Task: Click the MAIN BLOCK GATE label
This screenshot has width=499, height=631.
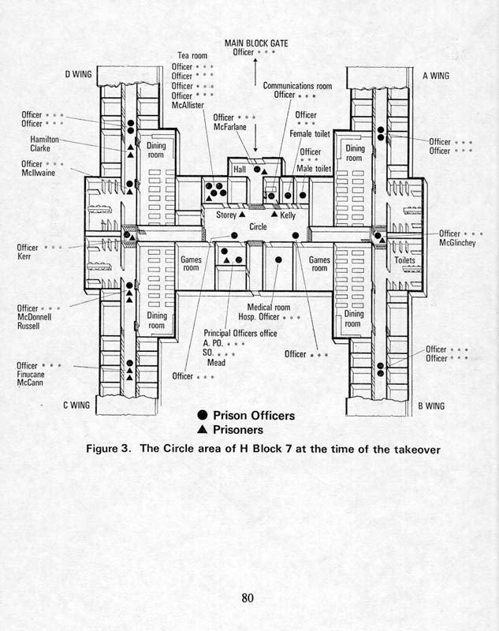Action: click(x=256, y=43)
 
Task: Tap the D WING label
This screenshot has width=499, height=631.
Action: click(x=78, y=74)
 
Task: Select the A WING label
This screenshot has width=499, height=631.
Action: click(x=436, y=76)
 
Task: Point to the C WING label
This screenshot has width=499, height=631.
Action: click(x=76, y=405)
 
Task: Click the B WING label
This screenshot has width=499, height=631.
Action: click(x=431, y=405)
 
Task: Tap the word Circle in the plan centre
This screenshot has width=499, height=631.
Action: click(x=258, y=226)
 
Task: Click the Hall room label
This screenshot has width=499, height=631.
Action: click(x=240, y=170)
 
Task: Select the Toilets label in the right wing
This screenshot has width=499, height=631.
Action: click(x=404, y=260)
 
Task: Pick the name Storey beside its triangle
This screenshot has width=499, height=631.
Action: click(x=226, y=215)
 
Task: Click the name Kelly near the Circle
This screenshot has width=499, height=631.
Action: click(x=288, y=215)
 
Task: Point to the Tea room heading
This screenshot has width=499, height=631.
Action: click(x=192, y=55)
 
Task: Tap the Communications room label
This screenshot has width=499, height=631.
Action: click(x=297, y=86)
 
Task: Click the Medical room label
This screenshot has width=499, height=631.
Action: click(x=269, y=308)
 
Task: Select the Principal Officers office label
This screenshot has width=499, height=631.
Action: click(x=240, y=333)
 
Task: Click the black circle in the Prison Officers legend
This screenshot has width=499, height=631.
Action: click(x=203, y=415)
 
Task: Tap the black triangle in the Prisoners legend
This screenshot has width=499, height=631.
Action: click(x=203, y=429)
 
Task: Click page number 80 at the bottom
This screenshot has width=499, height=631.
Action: click(x=248, y=598)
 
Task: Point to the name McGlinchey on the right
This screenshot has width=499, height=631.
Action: click(x=457, y=243)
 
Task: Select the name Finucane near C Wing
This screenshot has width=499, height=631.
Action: click(x=31, y=374)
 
